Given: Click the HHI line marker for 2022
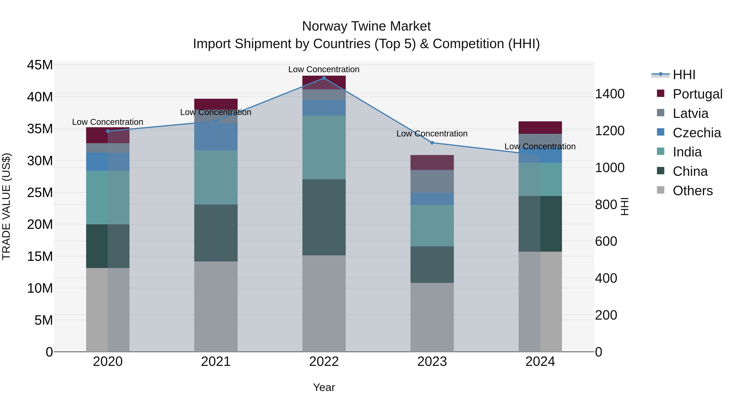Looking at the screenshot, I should (x=324, y=78).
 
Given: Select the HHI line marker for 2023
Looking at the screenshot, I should (x=432, y=143).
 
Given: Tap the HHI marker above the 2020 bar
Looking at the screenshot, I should (x=108, y=131).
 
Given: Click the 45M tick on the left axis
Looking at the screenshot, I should (x=40, y=65).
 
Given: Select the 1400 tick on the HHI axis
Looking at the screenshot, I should (x=609, y=94).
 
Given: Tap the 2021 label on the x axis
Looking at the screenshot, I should (x=216, y=362).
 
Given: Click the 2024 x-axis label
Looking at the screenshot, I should (x=540, y=362).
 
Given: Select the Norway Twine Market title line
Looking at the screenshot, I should (x=366, y=26).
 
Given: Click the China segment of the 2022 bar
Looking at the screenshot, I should (x=324, y=217).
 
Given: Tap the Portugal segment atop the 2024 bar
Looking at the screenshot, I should (x=540, y=128).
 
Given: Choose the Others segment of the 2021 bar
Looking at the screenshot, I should (x=216, y=306).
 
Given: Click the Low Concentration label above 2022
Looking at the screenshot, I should (x=324, y=70).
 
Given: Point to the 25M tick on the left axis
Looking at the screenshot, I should (x=40, y=193).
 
